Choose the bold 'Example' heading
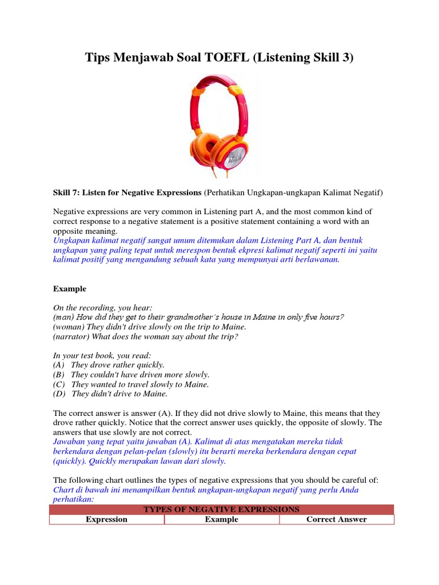70,289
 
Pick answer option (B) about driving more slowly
131,375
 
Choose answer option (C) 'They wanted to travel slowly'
131,384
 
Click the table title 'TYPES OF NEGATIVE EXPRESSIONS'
221,509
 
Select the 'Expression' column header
106,519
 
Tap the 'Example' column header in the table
222,519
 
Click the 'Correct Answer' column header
337,519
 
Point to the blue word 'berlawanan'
317,259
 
